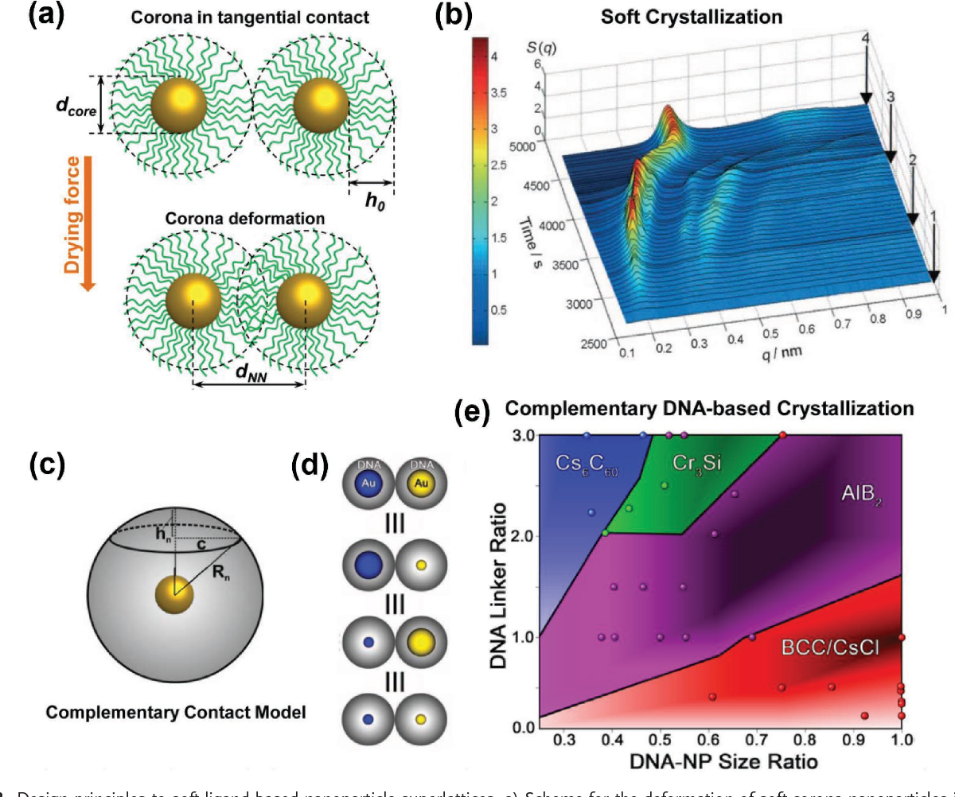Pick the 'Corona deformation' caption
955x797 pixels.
(x=242, y=217)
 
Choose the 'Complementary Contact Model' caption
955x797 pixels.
(x=175, y=713)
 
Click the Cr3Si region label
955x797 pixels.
(x=696, y=461)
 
